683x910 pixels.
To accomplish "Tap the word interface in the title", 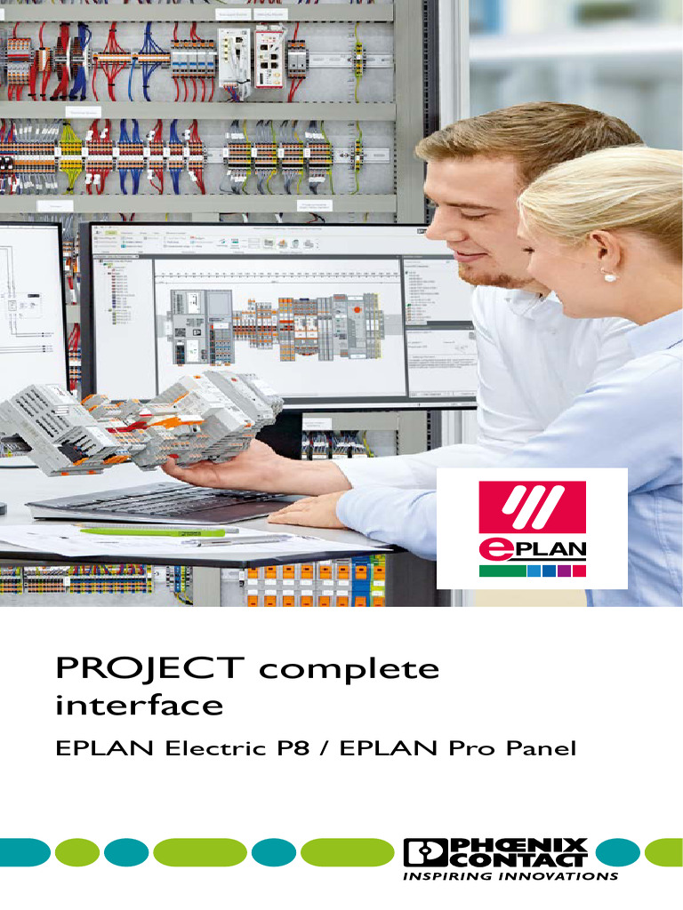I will click(x=139, y=706).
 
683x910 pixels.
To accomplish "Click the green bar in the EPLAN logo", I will click(x=502, y=571).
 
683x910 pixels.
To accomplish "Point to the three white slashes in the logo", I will click(x=532, y=508).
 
